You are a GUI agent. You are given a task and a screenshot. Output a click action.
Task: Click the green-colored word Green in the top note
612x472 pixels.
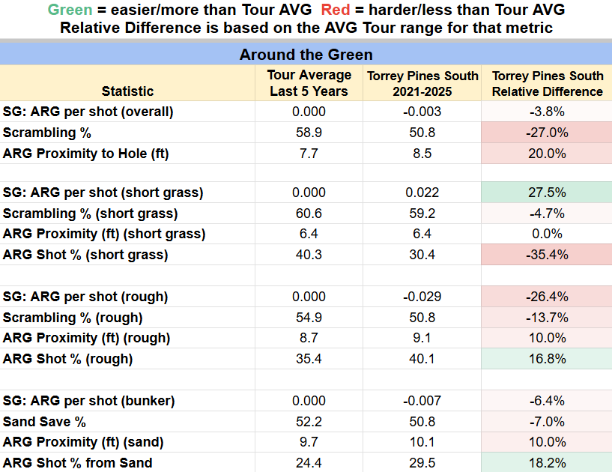click(70, 10)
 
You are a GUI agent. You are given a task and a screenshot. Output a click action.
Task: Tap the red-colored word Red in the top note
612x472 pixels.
click(336, 10)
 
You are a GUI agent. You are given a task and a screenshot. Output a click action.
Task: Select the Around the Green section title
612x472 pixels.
click(306, 55)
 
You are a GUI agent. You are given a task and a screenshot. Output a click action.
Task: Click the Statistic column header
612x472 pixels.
click(127, 91)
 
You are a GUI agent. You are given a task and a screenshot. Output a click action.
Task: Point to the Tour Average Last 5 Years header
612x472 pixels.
click(309, 82)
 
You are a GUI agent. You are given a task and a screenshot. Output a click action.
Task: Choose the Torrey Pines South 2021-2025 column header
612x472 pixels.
click(422, 83)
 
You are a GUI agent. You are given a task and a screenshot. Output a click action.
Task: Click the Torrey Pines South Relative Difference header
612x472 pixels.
click(548, 83)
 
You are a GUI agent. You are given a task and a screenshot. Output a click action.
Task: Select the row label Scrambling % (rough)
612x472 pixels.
click(73, 318)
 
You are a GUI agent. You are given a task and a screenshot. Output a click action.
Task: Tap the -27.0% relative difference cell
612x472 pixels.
click(547, 133)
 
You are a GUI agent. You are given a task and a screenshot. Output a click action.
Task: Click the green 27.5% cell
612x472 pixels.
click(547, 193)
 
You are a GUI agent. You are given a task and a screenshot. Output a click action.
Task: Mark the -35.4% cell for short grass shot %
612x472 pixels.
click(547, 255)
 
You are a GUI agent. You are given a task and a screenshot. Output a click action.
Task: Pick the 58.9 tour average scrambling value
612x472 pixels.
click(309, 133)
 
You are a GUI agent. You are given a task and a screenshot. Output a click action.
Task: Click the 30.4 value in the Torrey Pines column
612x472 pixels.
click(422, 255)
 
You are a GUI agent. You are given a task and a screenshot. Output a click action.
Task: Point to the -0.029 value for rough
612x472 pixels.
click(422, 297)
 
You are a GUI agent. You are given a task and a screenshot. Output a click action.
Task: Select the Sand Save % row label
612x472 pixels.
click(44, 422)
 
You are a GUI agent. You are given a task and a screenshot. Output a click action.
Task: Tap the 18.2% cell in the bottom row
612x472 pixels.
click(547, 463)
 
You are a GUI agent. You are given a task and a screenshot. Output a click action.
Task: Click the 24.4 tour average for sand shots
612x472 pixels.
click(309, 463)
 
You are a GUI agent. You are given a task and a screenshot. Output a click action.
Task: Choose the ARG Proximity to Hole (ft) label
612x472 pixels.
click(85, 154)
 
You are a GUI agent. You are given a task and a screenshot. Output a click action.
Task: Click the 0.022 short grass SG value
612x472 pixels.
click(422, 193)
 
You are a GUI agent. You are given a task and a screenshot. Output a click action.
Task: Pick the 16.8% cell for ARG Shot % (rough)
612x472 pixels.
click(547, 359)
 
